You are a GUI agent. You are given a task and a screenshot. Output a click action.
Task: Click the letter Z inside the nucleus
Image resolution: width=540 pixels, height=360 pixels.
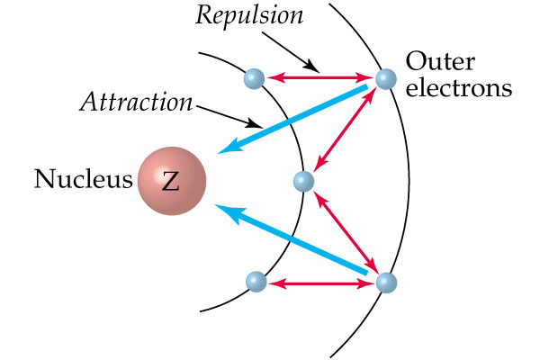[171, 182]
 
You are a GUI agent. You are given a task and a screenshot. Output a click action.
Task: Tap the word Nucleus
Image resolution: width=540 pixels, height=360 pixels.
[83, 180]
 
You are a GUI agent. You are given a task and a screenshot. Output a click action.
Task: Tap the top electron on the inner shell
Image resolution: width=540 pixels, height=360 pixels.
[254, 78]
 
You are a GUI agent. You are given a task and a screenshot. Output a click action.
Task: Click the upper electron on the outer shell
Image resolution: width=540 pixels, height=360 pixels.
[385, 78]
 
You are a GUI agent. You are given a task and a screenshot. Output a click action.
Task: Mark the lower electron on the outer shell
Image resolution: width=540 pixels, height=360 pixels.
[385, 283]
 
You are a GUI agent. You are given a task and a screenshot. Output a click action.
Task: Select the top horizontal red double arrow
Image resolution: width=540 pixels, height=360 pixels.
[319, 78]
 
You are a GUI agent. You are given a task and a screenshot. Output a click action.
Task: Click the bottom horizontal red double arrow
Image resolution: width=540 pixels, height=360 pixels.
[320, 283]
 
